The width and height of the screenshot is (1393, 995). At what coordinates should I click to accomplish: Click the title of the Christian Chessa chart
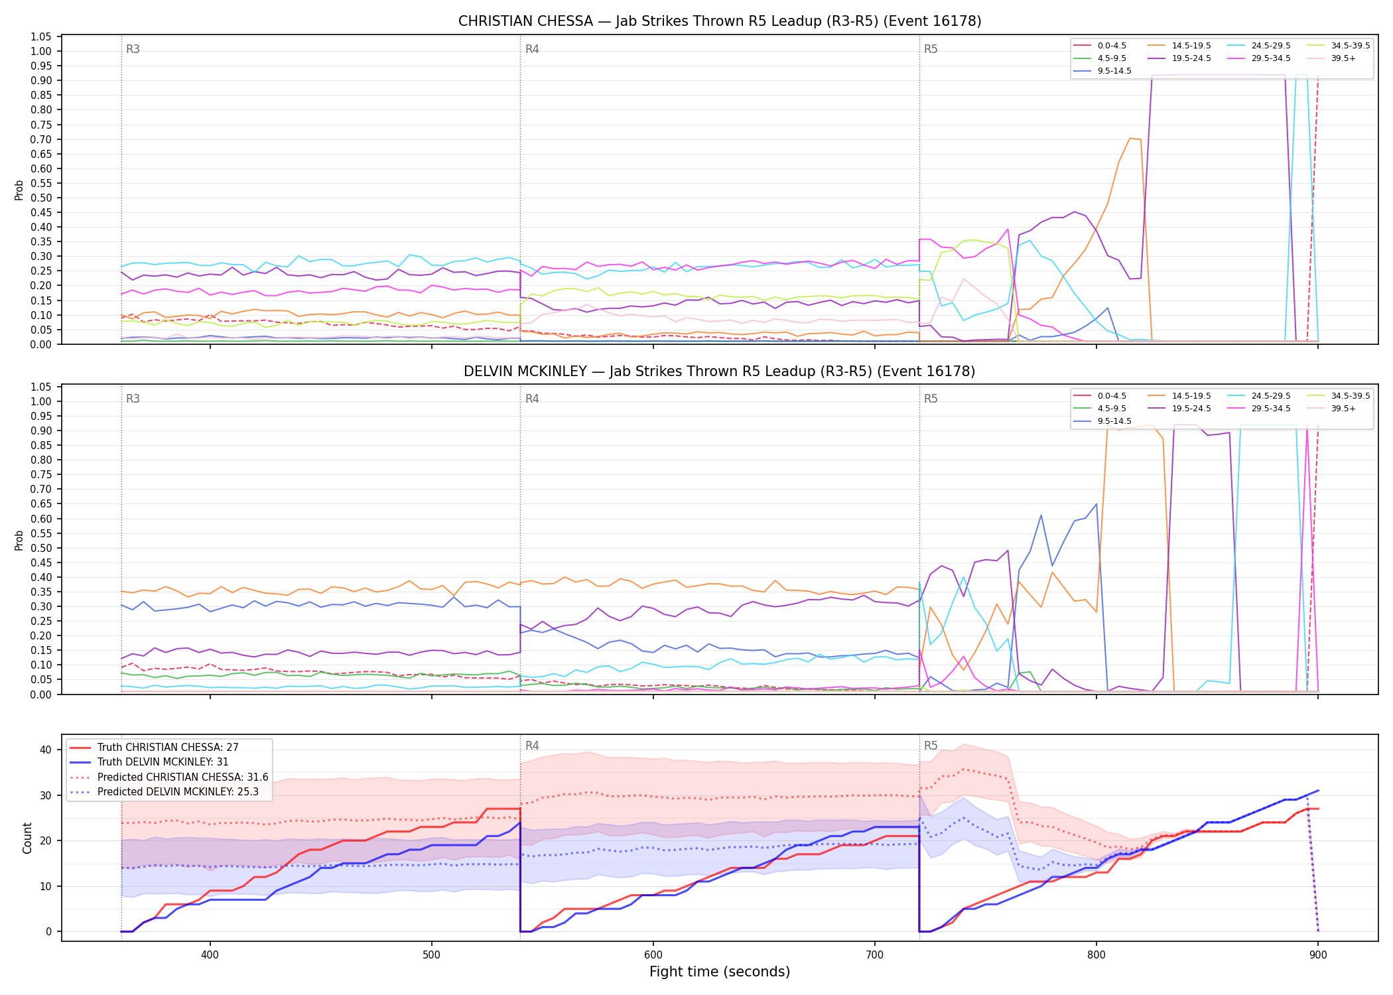pyautogui.click(x=720, y=21)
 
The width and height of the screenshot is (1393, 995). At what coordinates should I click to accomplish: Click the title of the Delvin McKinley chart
pyautogui.click(x=720, y=371)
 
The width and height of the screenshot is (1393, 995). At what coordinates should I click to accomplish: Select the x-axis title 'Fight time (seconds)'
pyautogui.click(x=720, y=972)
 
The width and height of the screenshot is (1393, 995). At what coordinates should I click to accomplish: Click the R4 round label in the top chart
pyautogui.click(x=532, y=49)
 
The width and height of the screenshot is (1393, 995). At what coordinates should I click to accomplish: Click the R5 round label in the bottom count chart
pyautogui.click(x=931, y=746)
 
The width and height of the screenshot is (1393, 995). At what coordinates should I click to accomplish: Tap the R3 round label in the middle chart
pyautogui.click(x=133, y=399)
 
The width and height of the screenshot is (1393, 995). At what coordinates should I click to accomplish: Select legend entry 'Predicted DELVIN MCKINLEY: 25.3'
pyautogui.click(x=168, y=792)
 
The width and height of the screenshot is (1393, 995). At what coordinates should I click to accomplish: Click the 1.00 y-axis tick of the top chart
pyautogui.click(x=41, y=51)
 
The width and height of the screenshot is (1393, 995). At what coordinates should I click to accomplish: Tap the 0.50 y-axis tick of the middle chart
pyautogui.click(x=41, y=548)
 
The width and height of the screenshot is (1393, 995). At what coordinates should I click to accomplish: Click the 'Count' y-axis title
pyautogui.click(x=27, y=838)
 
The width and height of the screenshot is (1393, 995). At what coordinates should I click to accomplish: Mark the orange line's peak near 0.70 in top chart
pyautogui.click(x=1130, y=138)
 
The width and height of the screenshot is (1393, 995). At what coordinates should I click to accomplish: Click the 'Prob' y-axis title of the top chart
pyautogui.click(x=19, y=190)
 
